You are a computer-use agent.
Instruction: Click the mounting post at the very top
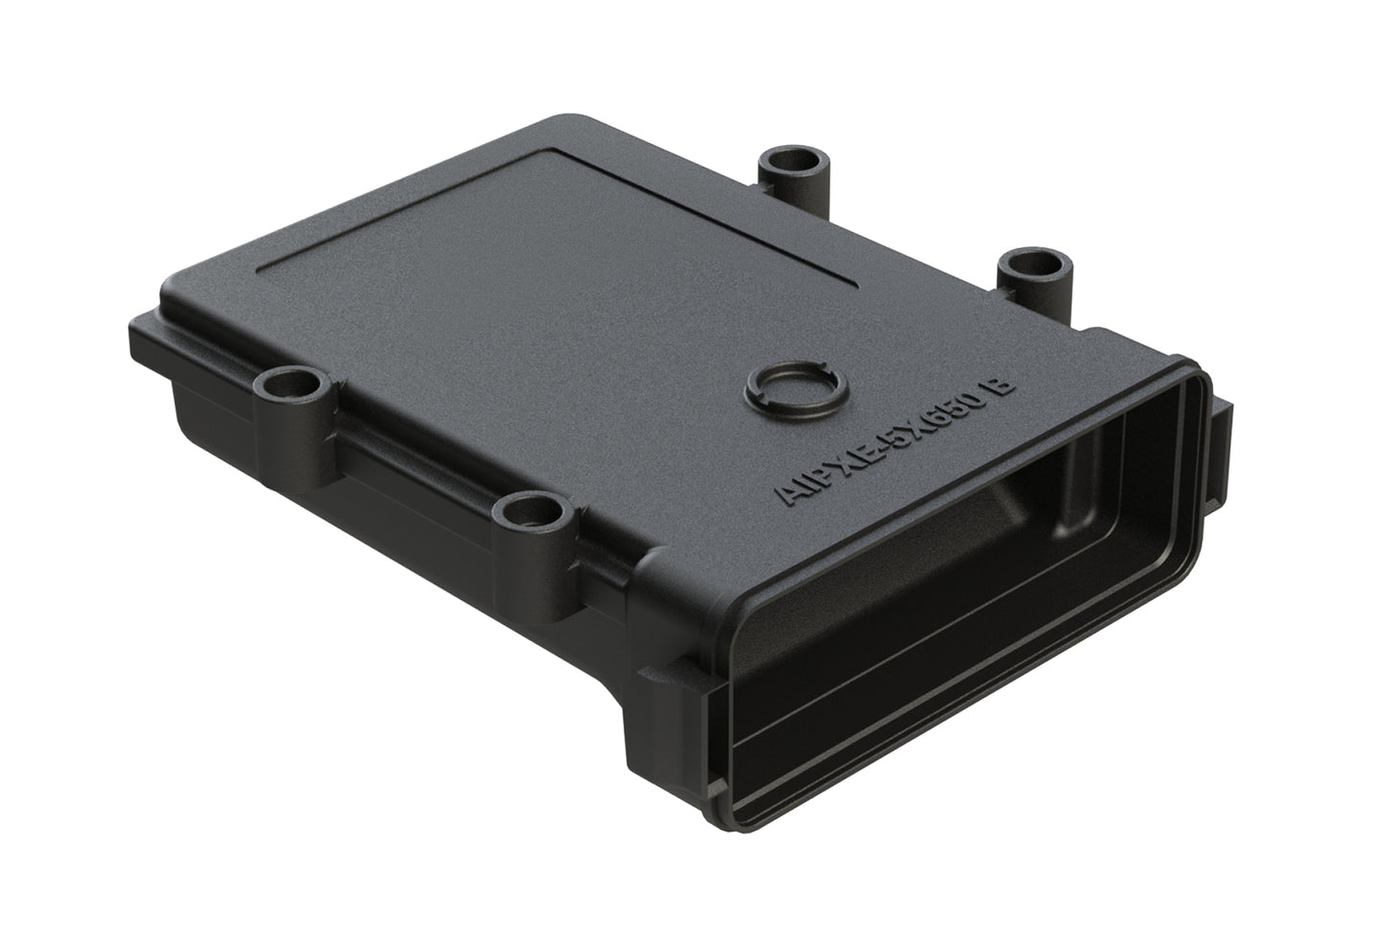pyautogui.click(x=786, y=173)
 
